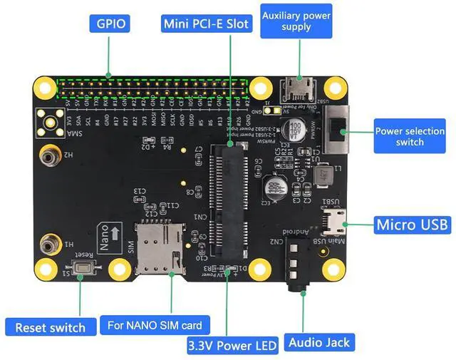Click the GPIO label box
tap(108, 24)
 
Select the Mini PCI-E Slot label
tap(207, 24)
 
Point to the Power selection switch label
tap(409, 136)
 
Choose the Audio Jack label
tap(319, 342)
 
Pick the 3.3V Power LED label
tap(232, 346)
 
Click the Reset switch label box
tap(50, 328)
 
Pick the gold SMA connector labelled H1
tap(50, 243)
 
